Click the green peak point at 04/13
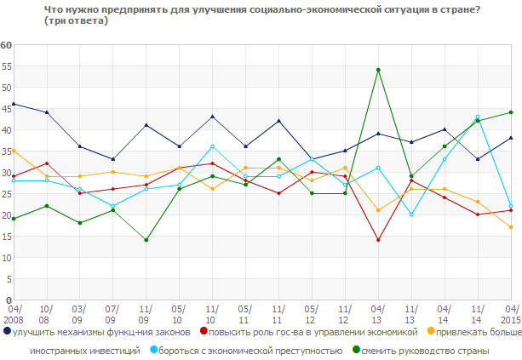[x=377, y=70]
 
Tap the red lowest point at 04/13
[x=377, y=240]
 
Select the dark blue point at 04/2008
[x=14, y=104]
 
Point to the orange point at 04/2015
[x=510, y=227]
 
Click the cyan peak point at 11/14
[x=477, y=117]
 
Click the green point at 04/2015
[x=510, y=112]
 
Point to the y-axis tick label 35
[x=6, y=151]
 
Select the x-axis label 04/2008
[x=14, y=314]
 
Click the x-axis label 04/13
[x=377, y=314]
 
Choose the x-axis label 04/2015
[x=510, y=314]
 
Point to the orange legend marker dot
[x=430, y=332]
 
